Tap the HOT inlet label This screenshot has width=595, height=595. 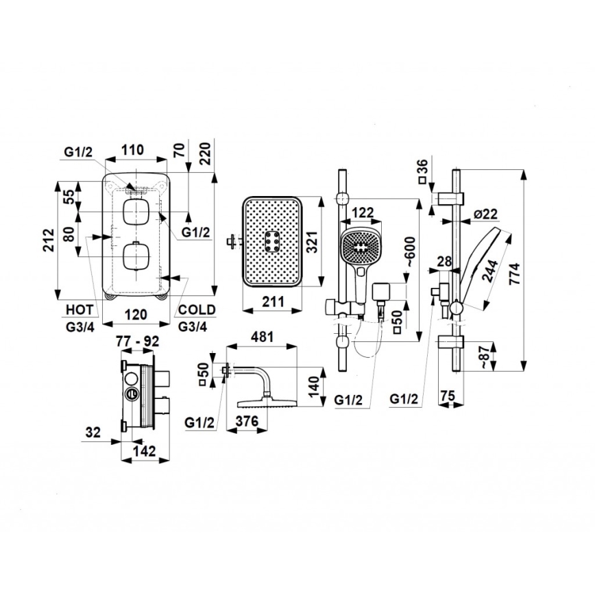pos(80,310)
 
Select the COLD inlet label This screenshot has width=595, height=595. pos(196,310)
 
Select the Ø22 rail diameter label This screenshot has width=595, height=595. pos(486,215)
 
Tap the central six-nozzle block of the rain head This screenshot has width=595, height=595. pos(271,241)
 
